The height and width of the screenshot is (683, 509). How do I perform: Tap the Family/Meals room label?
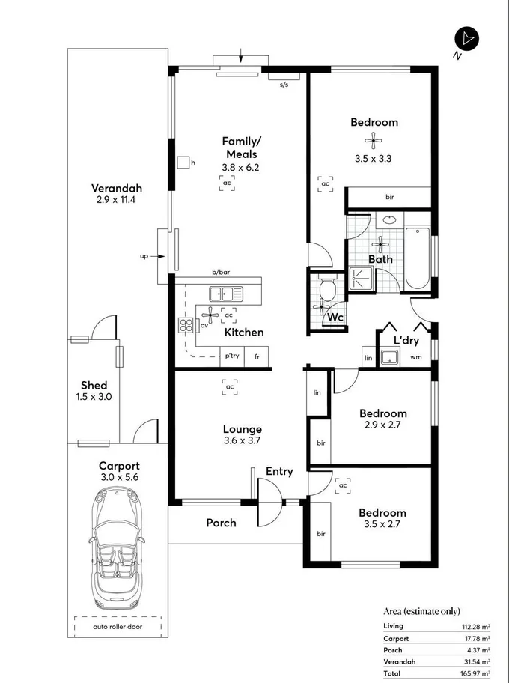pyautogui.click(x=241, y=148)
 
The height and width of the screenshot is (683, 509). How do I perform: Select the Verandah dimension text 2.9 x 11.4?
pyautogui.click(x=116, y=200)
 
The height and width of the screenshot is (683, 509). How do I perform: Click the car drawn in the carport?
pyautogui.click(x=116, y=549)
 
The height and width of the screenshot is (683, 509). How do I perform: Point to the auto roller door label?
pyautogui.click(x=117, y=625)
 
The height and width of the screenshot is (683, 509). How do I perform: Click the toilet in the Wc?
pyautogui.click(x=327, y=289)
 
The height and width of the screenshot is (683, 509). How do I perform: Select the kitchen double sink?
pyautogui.click(x=225, y=294)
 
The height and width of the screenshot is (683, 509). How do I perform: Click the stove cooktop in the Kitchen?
pyautogui.click(x=185, y=325)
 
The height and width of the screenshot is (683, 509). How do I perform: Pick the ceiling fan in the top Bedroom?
pyautogui.click(x=373, y=139)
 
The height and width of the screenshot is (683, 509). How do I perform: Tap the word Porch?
pyautogui.click(x=221, y=523)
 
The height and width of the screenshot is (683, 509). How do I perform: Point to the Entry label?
pyautogui.click(x=279, y=471)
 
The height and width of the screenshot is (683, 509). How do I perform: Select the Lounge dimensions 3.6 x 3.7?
pyautogui.click(x=242, y=441)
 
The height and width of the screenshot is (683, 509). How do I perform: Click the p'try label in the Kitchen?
pyautogui.click(x=232, y=356)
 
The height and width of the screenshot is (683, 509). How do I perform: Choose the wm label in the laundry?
pyautogui.click(x=415, y=357)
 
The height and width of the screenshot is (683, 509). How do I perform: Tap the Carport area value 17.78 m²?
pyautogui.click(x=476, y=638)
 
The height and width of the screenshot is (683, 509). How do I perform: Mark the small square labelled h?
pyautogui.click(x=183, y=163)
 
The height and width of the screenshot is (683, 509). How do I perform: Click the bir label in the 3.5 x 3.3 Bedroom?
pyautogui.click(x=389, y=198)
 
